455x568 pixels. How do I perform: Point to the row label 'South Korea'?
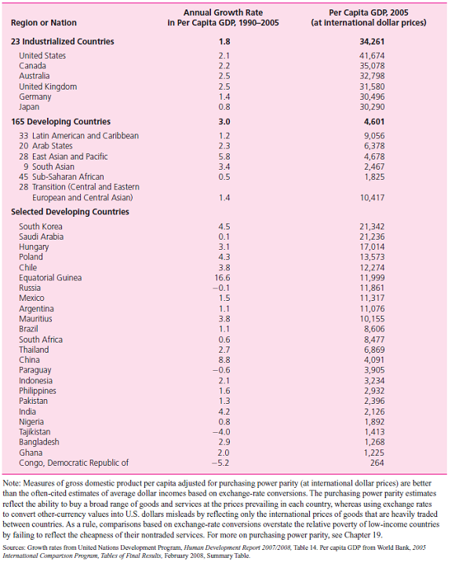(41, 226)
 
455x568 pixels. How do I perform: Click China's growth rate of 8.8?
(224, 360)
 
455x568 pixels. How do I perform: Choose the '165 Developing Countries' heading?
(60, 122)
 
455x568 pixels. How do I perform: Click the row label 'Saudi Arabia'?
(42, 236)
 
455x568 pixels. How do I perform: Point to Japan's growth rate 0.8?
(224, 107)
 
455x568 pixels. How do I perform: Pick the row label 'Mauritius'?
(35, 319)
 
